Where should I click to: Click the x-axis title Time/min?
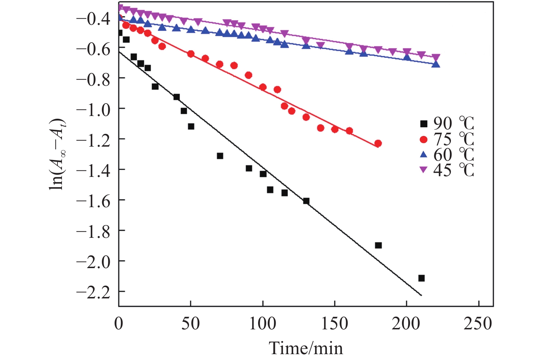coord(306,348)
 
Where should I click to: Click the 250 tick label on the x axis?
coord(478,324)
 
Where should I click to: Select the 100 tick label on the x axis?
coord(263,324)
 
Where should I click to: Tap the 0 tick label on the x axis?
coord(119,324)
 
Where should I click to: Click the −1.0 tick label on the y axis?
coord(93,109)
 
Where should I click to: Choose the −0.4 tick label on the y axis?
coord(93,18)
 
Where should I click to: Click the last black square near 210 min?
coord(421,278)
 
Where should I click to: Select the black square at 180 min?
coord(378,245)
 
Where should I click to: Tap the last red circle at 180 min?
coord(378,144)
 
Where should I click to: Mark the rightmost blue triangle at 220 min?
coord(436,64)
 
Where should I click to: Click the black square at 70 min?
coord(220,156)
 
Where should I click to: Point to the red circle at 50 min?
coord(191,54)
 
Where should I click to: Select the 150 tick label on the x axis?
coord(334,324)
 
